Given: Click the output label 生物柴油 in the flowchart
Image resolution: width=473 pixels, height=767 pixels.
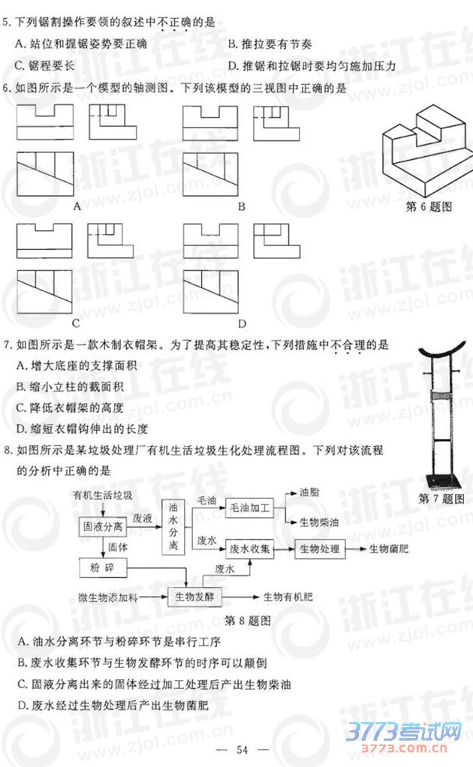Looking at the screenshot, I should [x=318, y=522].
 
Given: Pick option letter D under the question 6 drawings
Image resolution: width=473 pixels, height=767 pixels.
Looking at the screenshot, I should [x=242, y=324].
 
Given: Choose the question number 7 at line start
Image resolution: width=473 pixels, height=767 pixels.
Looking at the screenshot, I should [x=6, y=345].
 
